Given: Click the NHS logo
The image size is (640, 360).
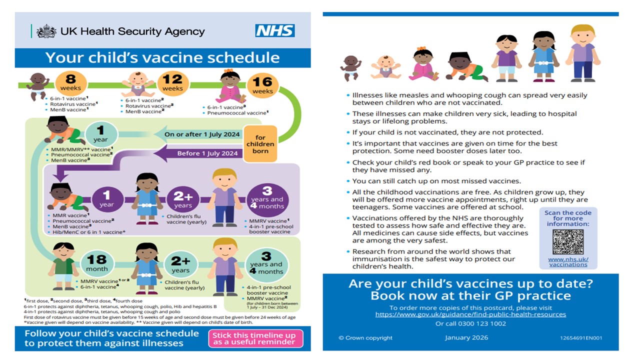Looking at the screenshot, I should (x=275, y=31).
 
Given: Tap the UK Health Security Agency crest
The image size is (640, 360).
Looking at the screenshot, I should (x=46, y=31).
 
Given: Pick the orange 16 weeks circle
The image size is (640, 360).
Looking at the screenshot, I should (x=262, y=87).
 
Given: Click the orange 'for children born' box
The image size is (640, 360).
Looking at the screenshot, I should (x=260, y=144).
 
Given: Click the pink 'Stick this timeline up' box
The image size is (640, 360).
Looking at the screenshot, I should (x=255, y=338).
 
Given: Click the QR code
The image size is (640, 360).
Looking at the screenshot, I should (x=568, y=242).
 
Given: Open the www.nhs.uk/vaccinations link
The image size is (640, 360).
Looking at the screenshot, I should (x=568, y=261).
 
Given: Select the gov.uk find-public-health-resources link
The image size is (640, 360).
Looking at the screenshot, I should (x=470, y=314).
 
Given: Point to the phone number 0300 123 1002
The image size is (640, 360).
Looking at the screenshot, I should (x=470, y=323).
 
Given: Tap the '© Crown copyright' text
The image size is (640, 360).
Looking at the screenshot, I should (x=365, y=338).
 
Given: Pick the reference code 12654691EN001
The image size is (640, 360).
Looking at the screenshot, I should (x=581, y=338).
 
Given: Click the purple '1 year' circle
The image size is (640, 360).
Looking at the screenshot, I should (x=106, y=197).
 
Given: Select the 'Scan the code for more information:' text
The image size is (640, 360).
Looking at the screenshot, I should (x=568, y=218).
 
